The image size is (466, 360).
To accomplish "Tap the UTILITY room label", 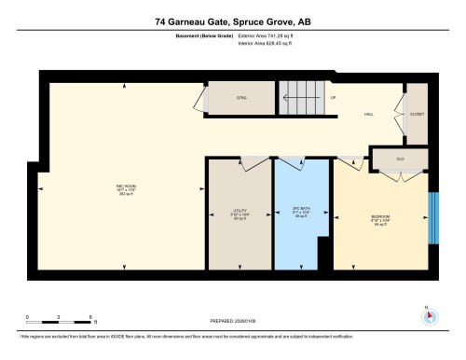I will tap(239, 213).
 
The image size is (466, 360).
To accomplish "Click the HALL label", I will tap(369, 115).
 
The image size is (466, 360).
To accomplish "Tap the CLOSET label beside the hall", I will tap(416, 114).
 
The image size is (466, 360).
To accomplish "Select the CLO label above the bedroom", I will tap(400, 159).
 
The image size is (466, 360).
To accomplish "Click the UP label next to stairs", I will tap(334, 96).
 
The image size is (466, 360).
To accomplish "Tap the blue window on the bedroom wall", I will tap(432, 218).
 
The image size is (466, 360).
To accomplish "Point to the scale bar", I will tap(59, 322).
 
